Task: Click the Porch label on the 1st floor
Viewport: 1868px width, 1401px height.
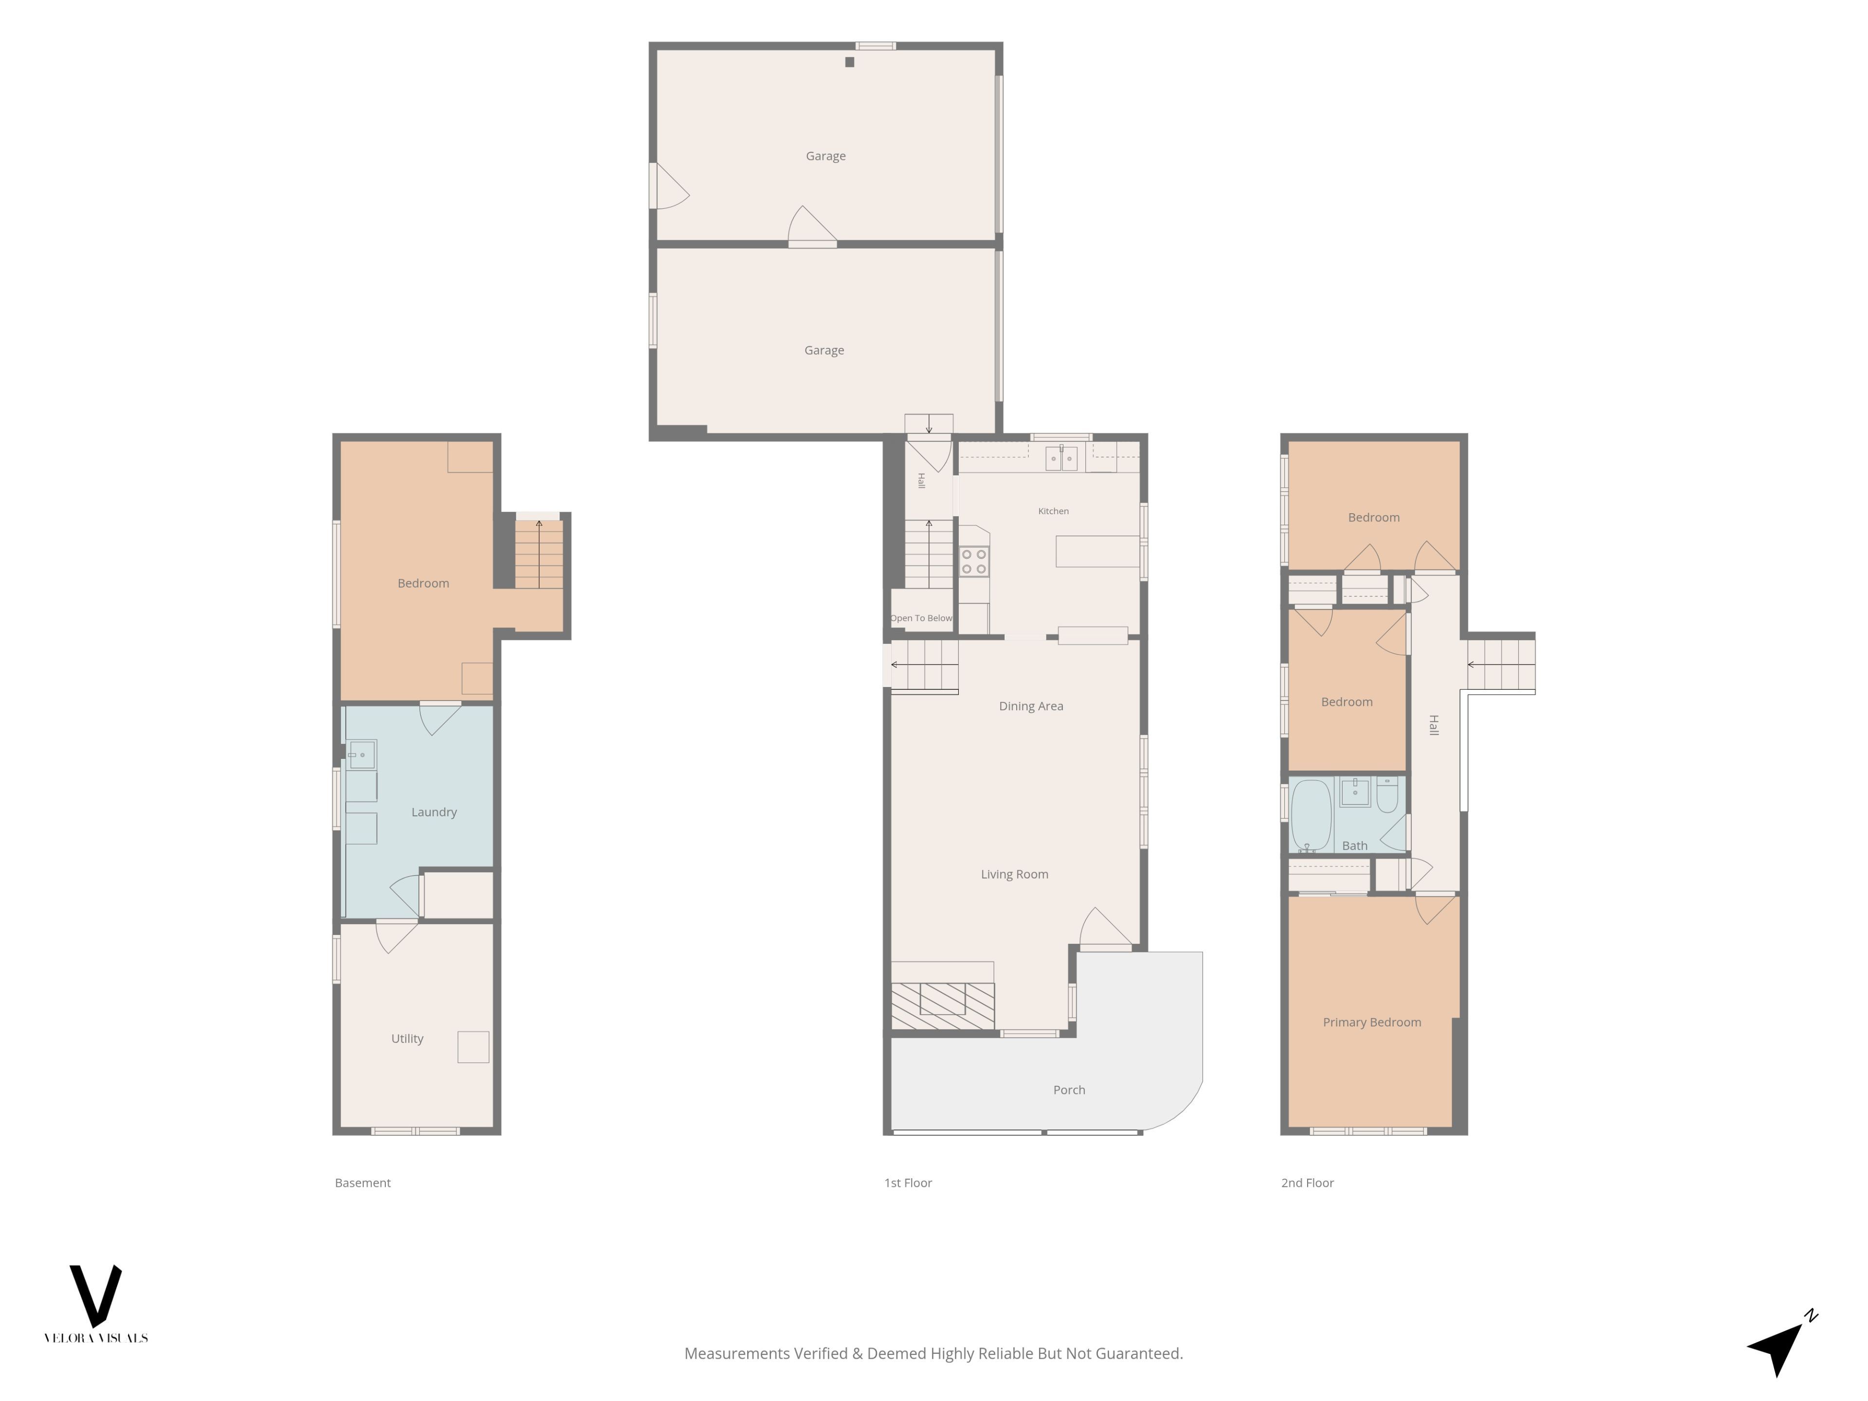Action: [x=1069, y=1090]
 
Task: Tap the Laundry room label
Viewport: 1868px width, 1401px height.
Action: [x=434, y=812]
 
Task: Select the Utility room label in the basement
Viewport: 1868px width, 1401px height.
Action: [x=407, y=1039]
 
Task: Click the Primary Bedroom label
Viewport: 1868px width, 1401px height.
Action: [x=1371, y=1023]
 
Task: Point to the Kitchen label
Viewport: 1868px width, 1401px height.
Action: [x=1053, y=511]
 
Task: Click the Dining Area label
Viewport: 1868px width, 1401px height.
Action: [x=1031, y=706]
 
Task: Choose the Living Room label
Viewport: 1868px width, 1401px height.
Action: [x=1014, y=874]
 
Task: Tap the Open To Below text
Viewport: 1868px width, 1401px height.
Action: [x=921, y=618]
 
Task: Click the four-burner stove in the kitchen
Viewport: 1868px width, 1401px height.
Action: [x=974, y=561]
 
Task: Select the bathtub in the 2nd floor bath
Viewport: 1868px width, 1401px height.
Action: [x=1311, y=815]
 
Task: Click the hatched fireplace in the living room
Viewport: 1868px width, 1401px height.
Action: [x=942, y=1006]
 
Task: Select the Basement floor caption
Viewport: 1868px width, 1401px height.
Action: [x=363, y=1183]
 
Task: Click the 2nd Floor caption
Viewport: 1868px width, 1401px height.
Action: [x=1307, y=1183]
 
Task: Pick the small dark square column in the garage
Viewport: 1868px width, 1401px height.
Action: [x=849, y=62]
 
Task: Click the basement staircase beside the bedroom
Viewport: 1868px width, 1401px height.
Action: [x=539, y=554]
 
